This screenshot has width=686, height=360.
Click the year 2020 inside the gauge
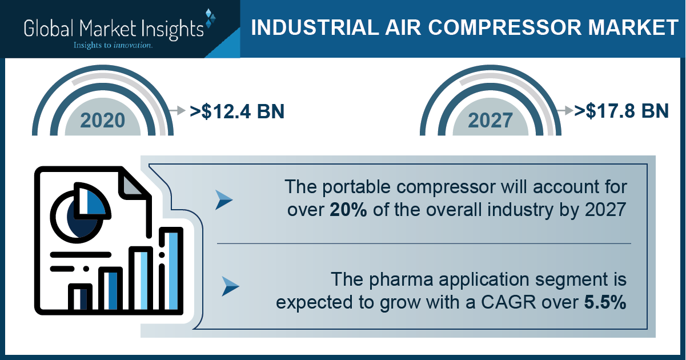103,120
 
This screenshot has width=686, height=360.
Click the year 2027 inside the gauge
490,120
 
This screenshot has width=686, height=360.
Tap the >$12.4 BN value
237,111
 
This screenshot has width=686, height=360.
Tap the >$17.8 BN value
621,111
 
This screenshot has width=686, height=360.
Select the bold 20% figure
348,210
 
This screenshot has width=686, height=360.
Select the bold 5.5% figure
605,302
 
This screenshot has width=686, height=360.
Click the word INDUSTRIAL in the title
315,27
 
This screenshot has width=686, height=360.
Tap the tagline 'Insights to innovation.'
113,45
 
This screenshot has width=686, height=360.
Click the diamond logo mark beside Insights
210,18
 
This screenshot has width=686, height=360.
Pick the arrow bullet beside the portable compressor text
224,200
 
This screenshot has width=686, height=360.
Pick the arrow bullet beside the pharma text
230,286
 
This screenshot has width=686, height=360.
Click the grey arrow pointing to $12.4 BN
178,110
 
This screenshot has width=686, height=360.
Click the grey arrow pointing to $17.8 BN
565,110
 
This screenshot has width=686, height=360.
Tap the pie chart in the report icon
80,213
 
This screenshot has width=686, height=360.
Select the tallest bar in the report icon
171,270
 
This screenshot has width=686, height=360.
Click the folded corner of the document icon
132,184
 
